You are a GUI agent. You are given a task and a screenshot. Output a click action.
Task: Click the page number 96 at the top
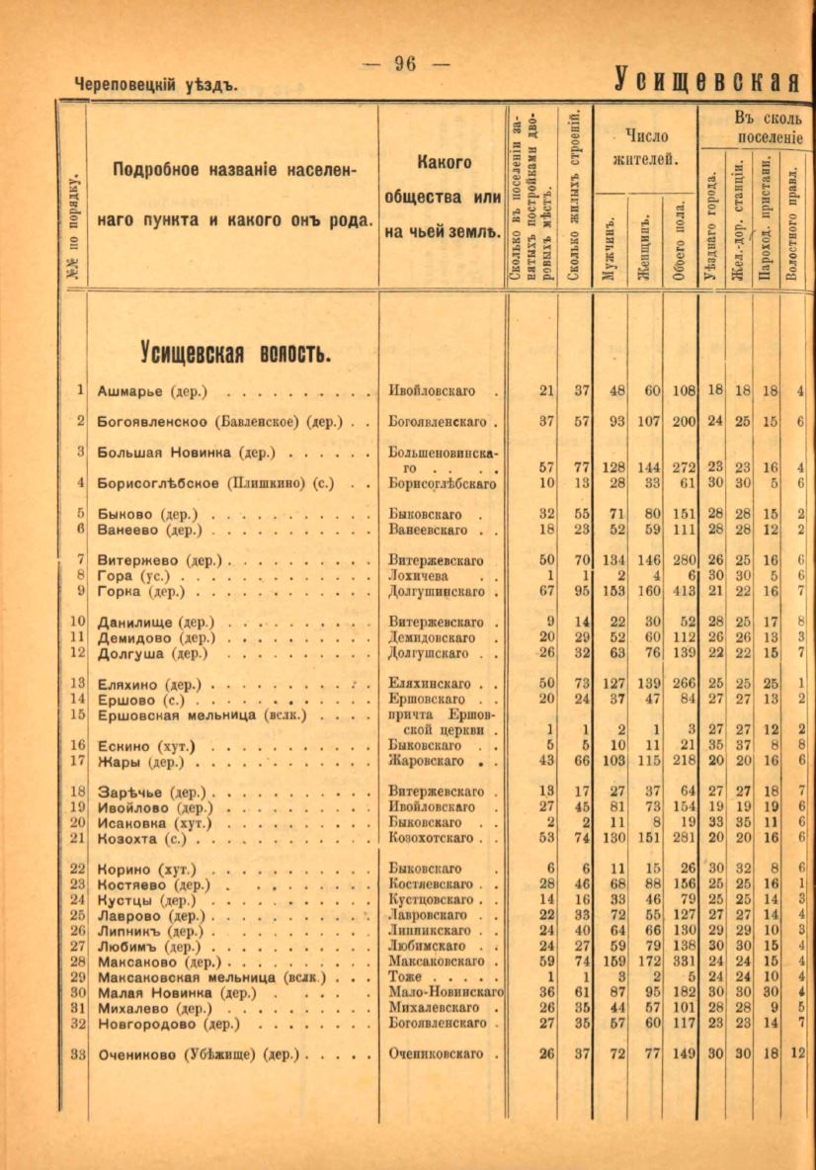click(x=405, y=64)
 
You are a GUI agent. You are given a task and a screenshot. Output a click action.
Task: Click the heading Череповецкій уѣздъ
click(x=156, y=86)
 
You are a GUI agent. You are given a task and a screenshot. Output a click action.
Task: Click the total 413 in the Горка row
click(x=679, y=592)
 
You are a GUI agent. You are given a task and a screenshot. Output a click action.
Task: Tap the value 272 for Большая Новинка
click(x=679, y=467)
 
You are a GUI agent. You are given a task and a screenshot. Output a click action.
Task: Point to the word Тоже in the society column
click(x=406, y=975)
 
